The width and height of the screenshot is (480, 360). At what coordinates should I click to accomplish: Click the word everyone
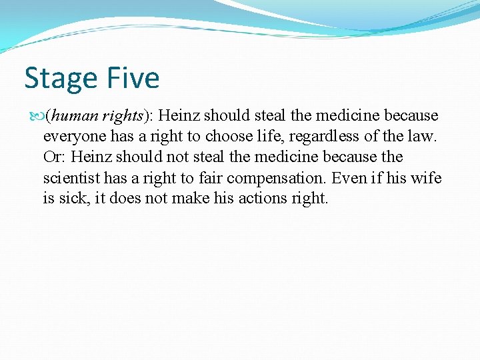coord(71,137)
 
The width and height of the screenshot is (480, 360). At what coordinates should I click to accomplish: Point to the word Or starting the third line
coord(53,157)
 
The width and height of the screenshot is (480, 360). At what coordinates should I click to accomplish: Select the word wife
coord(427,178)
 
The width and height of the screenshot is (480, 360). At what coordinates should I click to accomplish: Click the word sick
coord(69,199)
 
